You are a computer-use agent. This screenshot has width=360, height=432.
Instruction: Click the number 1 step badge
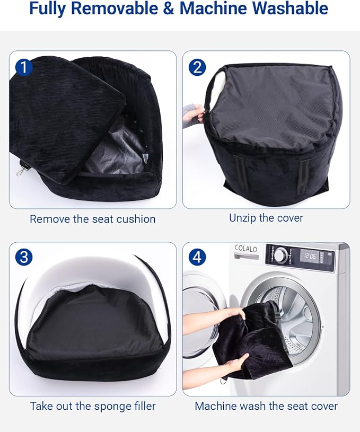pos(24,67)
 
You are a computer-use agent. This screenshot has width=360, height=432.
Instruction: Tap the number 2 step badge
pos(197,67)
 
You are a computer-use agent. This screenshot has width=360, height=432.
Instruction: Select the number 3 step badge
pos(24,257)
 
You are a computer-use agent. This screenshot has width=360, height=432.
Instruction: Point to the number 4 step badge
pos(197,257)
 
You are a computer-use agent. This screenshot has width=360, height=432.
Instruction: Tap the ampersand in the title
pos(169,8)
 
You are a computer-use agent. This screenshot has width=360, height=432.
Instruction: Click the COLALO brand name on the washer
pos(246,249)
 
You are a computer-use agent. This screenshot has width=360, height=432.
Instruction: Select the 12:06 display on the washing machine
pos(310,256)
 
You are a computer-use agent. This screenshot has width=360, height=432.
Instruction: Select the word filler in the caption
pos(145,406)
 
